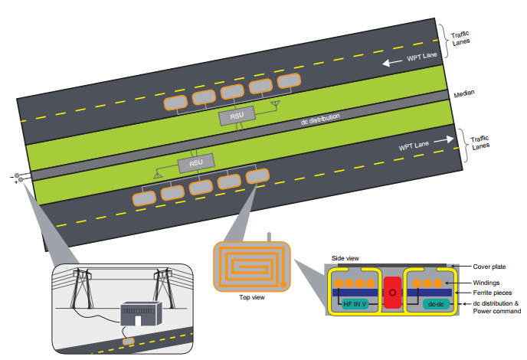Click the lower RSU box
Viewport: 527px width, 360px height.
tap(196, 163)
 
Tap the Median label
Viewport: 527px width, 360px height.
tap(463, 93)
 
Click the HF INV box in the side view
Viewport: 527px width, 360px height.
tap(353, 304)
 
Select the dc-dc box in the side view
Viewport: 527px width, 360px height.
tap(434, 304)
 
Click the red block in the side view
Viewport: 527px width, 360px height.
tap(392, 293)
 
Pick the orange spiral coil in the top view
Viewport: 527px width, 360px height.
tap(251, 267)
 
